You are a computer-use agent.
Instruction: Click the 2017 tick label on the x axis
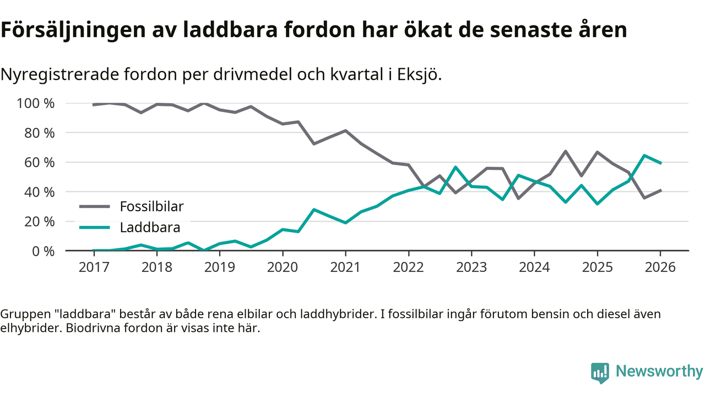point(94,267)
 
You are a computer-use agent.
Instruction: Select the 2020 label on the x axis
point(283,267)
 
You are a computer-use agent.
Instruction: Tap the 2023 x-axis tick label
point(471,267)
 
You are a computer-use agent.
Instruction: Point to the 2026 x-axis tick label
point(660,267)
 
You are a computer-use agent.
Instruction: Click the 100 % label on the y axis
point(36,104)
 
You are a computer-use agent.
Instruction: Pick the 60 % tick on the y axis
point(39,163)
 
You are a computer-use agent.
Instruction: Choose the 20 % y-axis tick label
point(39,222)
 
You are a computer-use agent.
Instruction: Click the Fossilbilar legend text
point(151,207)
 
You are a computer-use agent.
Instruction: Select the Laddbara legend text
point(150,227)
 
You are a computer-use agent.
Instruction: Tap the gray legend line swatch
point(95,207)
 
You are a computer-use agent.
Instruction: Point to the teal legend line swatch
point(95,227)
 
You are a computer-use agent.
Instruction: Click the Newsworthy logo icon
point(600,373)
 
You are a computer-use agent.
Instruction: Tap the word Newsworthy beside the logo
point(659,372)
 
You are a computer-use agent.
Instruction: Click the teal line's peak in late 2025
point(644,155)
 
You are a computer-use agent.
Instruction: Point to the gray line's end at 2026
point(660,190)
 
